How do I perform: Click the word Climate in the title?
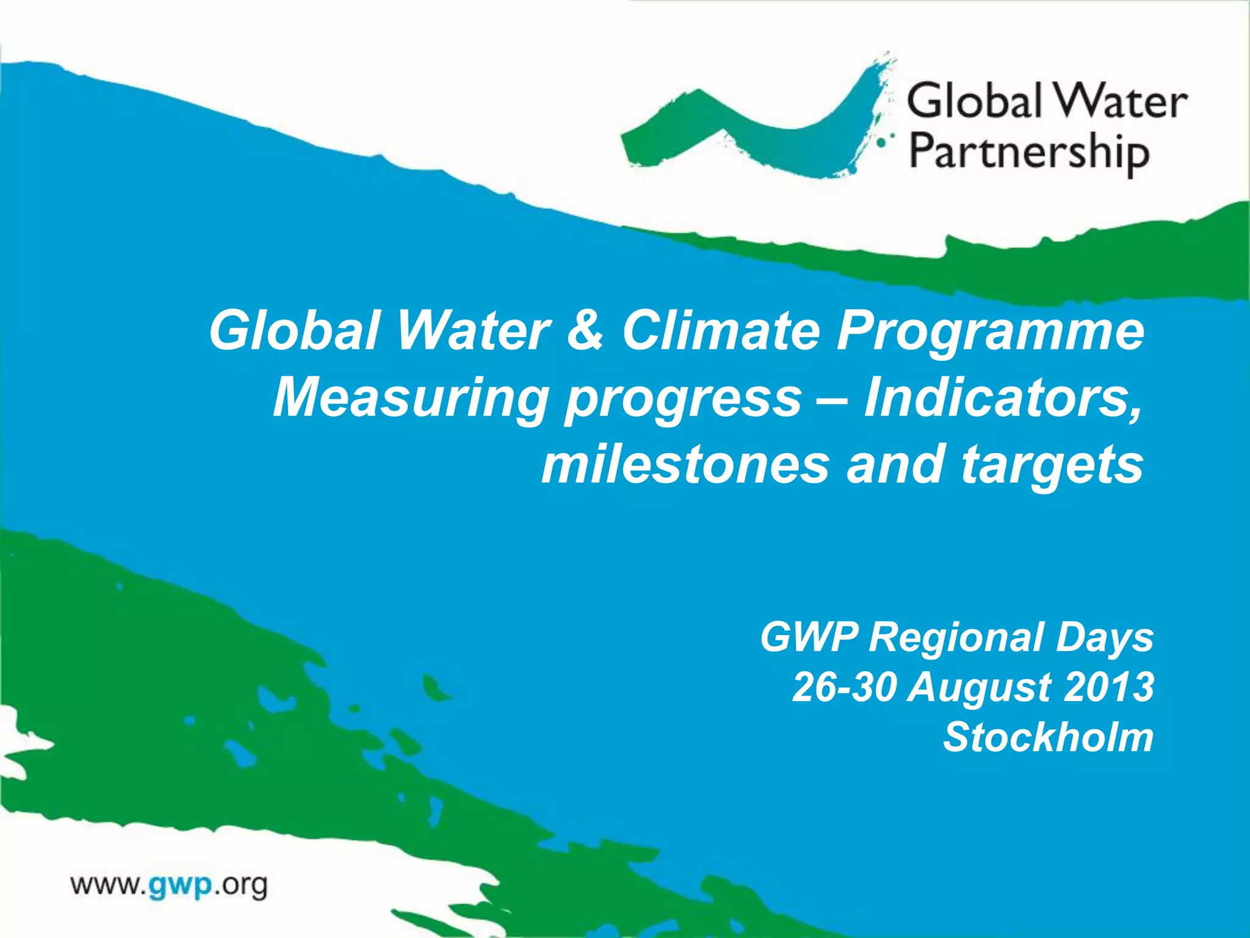click(x=720, y=331)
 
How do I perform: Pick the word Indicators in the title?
click(x=1002, y=398)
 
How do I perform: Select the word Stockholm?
click(x=1048, y=737)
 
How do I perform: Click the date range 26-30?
click(x=845, y=686)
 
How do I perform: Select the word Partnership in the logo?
click(x=1029, y=153)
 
